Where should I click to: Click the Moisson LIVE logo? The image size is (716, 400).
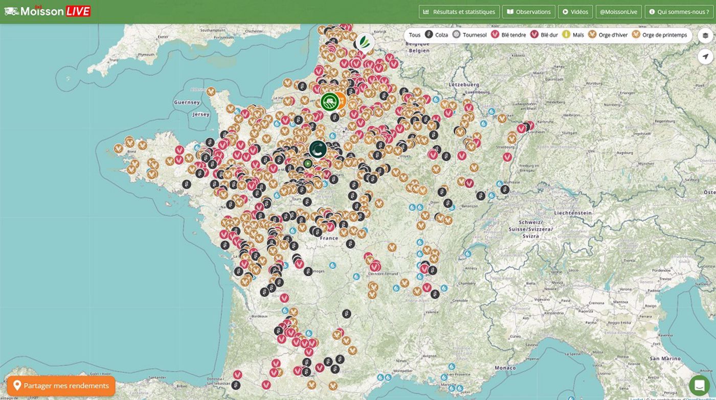pyautogui.click(x=48, y=11)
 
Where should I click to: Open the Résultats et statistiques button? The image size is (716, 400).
pyautogui.click(x=459, y=12)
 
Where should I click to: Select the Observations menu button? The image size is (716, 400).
pyautogui.click(x=529, y=12)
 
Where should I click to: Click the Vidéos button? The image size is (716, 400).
pyautogui.click(x=575, y=12)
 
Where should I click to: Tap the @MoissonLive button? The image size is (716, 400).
pyautogui.click(x=618, y=12)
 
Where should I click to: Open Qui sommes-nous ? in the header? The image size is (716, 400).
pyautogui.click(x=679, y=12)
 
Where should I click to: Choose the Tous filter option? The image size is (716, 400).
pyautogui.click(x=414, y=35)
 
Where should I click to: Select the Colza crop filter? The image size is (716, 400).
pyautogui.click(x=436, y=35)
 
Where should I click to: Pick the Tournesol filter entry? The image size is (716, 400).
pyautogui.click(x=469, y=35)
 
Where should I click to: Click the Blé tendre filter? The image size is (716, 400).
pyautogui.click(x=508, y=35)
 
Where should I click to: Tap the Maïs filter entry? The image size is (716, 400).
pyautogui.click(x=573, y=35)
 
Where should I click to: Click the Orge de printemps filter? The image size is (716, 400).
pyautogui.click(x=660, y=35)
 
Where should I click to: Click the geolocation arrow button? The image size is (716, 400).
pyautogui.click(x=705, y=56)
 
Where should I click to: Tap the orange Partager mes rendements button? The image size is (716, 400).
pyautogui.click(x=61, y=386)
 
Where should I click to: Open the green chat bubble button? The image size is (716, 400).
pyautogui.click(x=699, y=385)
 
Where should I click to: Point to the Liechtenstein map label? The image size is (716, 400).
pyautogui.click(x=572, y=213)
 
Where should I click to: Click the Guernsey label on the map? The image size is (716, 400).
pyautogui.click(x=187, y=102)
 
